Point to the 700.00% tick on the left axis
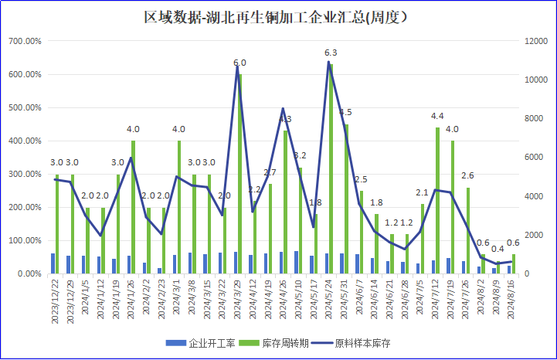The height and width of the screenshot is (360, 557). [x=25, y=41]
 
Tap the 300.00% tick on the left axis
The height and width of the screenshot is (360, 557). [x=25, y=175]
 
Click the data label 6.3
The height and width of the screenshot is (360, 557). [x=331, y=53]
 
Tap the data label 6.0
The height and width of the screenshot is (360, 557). [x=239, y=63]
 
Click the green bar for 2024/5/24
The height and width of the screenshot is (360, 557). [x=331, y=170]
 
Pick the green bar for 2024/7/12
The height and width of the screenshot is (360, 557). [x=437, y=201]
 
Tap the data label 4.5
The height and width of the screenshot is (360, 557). [x=345, y=113]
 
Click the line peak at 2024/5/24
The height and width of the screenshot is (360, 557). [x=328, y=62]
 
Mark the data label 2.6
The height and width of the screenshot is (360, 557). [x=467, y=176]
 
